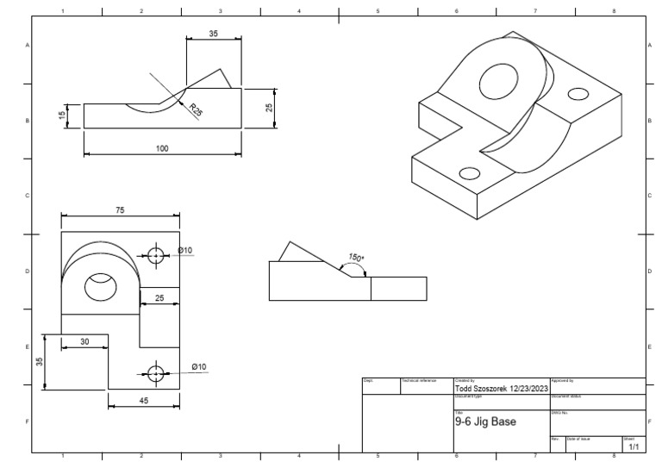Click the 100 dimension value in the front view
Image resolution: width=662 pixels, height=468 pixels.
click(162, 148)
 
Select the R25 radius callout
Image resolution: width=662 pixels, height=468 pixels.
click(196, 110)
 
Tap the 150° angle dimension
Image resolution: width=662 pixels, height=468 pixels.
click(355, 257)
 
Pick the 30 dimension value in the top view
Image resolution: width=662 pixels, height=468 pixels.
click(84, 341)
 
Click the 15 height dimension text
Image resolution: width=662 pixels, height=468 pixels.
click(63, 115)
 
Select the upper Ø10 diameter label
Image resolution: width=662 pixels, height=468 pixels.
click(185, 251)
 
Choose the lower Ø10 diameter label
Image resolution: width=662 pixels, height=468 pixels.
click(197, 366)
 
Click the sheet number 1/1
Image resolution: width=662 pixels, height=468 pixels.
click(634, 447)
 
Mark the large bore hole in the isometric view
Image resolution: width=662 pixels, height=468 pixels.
click(496, 84)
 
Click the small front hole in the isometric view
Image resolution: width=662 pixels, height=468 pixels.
click(470, 173)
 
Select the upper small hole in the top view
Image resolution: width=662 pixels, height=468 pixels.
click(155, 255)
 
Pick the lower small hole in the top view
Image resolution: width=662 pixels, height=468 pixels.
click(155, 373)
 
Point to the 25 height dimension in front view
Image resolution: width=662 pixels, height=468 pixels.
click(268, 108)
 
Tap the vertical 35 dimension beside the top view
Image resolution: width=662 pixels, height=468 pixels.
click(40, 362)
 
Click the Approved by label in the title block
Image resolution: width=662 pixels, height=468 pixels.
click(562, 380)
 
